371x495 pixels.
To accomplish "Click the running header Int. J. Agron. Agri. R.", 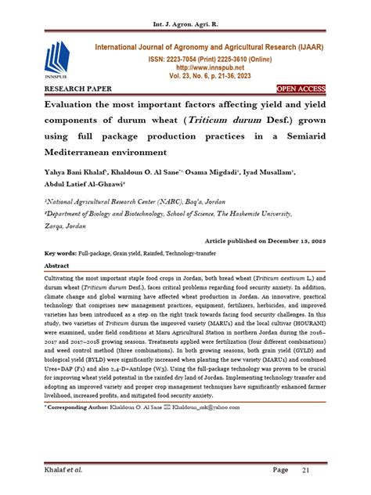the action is tap(185, 11).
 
